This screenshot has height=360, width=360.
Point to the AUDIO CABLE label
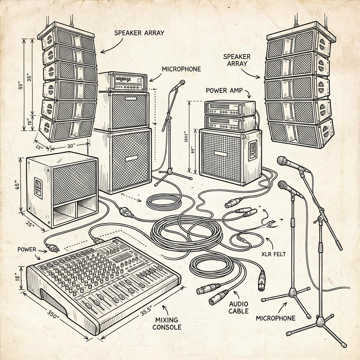point(239,307)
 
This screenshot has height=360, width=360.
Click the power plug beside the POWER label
point(52,247)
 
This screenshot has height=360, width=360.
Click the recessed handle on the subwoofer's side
point(38,186)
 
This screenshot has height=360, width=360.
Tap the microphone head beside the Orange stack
point(181,83)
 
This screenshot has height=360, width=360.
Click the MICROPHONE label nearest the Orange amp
point(181,69)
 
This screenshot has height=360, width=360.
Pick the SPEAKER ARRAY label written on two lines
point(237,60)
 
